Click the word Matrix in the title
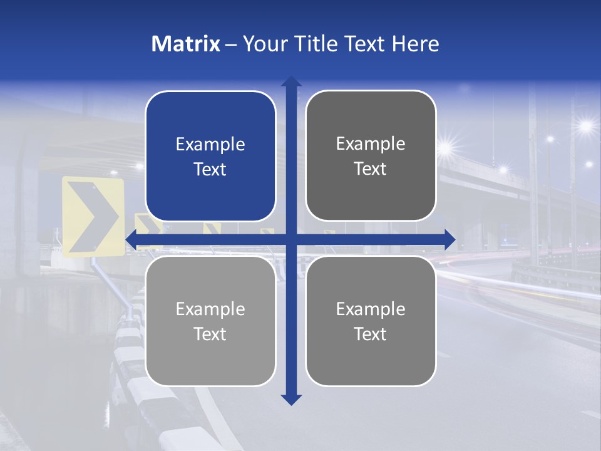[x=185, y=44]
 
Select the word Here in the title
[x=415, y=44]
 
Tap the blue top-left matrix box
[x=210, y=156]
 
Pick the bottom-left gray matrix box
[x=210, y=321]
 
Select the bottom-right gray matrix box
[x=371, y=321]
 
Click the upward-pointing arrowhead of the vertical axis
[x=291, y=82]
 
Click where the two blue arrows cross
[x=291, y=239]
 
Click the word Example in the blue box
[x=210, y=145]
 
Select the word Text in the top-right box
[x=371, y=169]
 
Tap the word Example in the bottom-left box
[x=210, y=309]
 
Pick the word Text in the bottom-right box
[x=371, y=334]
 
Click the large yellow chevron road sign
[x=93, y=217]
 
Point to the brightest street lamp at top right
[x=585, y=126]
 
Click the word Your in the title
[x=261, y=44]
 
